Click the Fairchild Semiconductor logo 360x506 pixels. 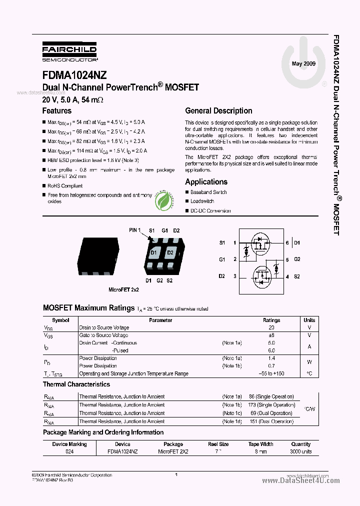(69, 51)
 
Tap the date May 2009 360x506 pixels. (303, 63)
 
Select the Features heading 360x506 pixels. (57, 111)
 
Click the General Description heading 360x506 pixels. (218, 111)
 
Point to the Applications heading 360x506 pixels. (206, 182)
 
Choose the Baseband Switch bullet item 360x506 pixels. (208, 192)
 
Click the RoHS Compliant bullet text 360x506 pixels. (65, 186)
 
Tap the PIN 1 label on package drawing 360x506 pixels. (135, 230)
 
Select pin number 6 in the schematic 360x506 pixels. (287, 242)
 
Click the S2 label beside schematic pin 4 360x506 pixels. (297, 276)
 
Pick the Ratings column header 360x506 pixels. (271, 320)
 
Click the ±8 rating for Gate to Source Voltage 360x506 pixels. (271, 335)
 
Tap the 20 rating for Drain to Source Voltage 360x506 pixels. (271, 327)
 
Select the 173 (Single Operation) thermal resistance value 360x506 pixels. (272, 405)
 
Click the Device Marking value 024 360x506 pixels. (69, 451)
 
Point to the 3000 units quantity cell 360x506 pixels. (300, 451)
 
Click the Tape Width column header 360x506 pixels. (260, 444)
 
